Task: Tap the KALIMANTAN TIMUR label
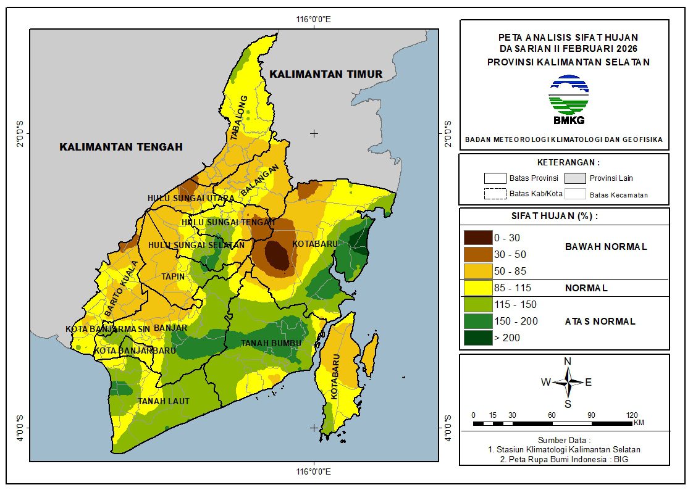pos(326,74)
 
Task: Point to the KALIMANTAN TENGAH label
pos(121,147)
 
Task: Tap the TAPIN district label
pos(173,276)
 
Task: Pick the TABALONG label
pos(239,118)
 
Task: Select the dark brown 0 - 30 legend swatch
pos(477,237)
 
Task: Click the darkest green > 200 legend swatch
pos(477,338)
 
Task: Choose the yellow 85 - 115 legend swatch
pos(477,288)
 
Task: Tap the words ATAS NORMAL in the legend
pos(600,321)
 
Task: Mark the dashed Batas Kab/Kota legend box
pos(495,194)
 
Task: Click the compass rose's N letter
pos(568,361)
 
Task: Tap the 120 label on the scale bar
pos(631,415)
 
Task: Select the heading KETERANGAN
pos(568,162)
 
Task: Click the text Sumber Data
pos(564,440)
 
